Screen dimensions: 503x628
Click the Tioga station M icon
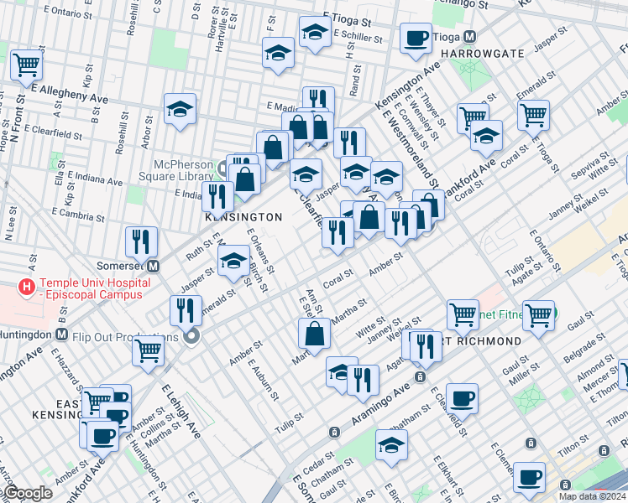[x=470, y=38]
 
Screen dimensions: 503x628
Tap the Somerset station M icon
[x=154, y=267]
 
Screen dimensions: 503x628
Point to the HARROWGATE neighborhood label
[x=479, y=54]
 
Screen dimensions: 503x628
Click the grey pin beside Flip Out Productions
[x=192, y=337]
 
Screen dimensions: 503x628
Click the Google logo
[x=28, y=493]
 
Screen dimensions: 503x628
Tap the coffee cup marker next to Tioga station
[x=416, y=39]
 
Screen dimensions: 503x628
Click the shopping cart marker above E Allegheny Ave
[x=27, y=64]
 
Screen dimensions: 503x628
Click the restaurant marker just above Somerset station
[x=141, y=242]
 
